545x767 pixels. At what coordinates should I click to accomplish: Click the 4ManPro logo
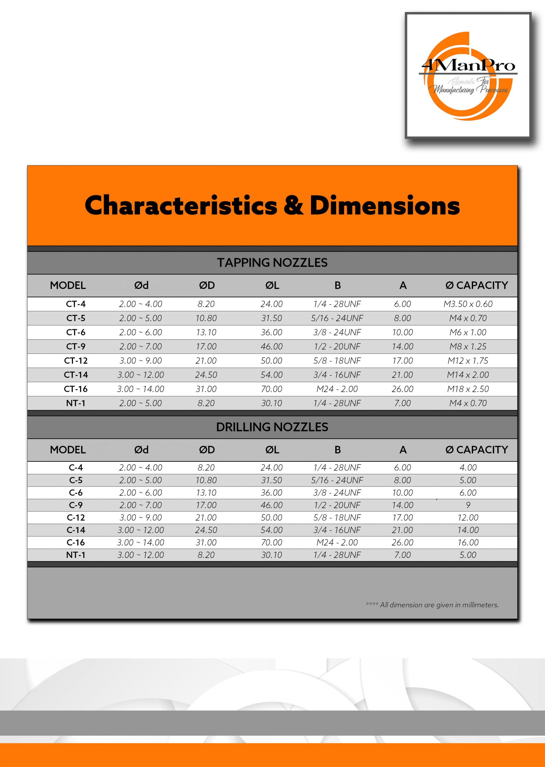pyautogui.click(x=468, y=76)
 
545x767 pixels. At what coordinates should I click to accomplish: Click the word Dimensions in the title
pyautogui.click(x=385, y=205)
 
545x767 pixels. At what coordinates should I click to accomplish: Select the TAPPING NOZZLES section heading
pyautogui.click(x=272, y=262)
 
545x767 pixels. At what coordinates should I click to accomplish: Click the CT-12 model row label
pyautogui.click(x=76, y=361)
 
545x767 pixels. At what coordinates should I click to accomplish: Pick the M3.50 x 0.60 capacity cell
pyautogui.click(x=468, y=304)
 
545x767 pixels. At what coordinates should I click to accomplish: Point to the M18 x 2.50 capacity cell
pyautogui.click(x=468, y=389)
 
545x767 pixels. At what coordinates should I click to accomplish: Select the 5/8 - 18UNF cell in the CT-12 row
pyautogui.click(x=337, y=361)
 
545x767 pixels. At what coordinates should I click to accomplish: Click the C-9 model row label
pyautogui.click(x=76, y=505)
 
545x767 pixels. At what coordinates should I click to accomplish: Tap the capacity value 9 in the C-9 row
pyautogui.click(x=468, y=505)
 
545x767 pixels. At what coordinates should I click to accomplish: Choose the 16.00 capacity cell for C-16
pyautogui.click(x=468, y=542)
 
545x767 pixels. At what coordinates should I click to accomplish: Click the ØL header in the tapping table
pyautogui.click(x=272, y=285)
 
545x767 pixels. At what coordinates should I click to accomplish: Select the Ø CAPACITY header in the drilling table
pyautogui.click(x=477, y=450)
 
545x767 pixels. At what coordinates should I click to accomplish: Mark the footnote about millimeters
pyautogui.click(x=432, y=605)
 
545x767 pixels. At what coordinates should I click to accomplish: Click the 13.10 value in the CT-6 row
pyautogui.click(x=206, y=332)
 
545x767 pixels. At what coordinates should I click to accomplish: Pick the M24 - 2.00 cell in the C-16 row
pyautogui.click(x=337, y=542)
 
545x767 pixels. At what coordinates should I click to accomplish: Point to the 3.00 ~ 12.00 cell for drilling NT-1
pyautogui.click(x=141, y=555)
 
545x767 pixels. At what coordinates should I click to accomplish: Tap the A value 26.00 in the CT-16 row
pyautogui.click(x=402, y=389)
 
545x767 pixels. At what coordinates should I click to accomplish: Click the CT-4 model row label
pyautogui.click(x=76, y=304)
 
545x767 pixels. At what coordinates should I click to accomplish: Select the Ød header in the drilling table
pyautogui.click(x=141, y=450)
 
